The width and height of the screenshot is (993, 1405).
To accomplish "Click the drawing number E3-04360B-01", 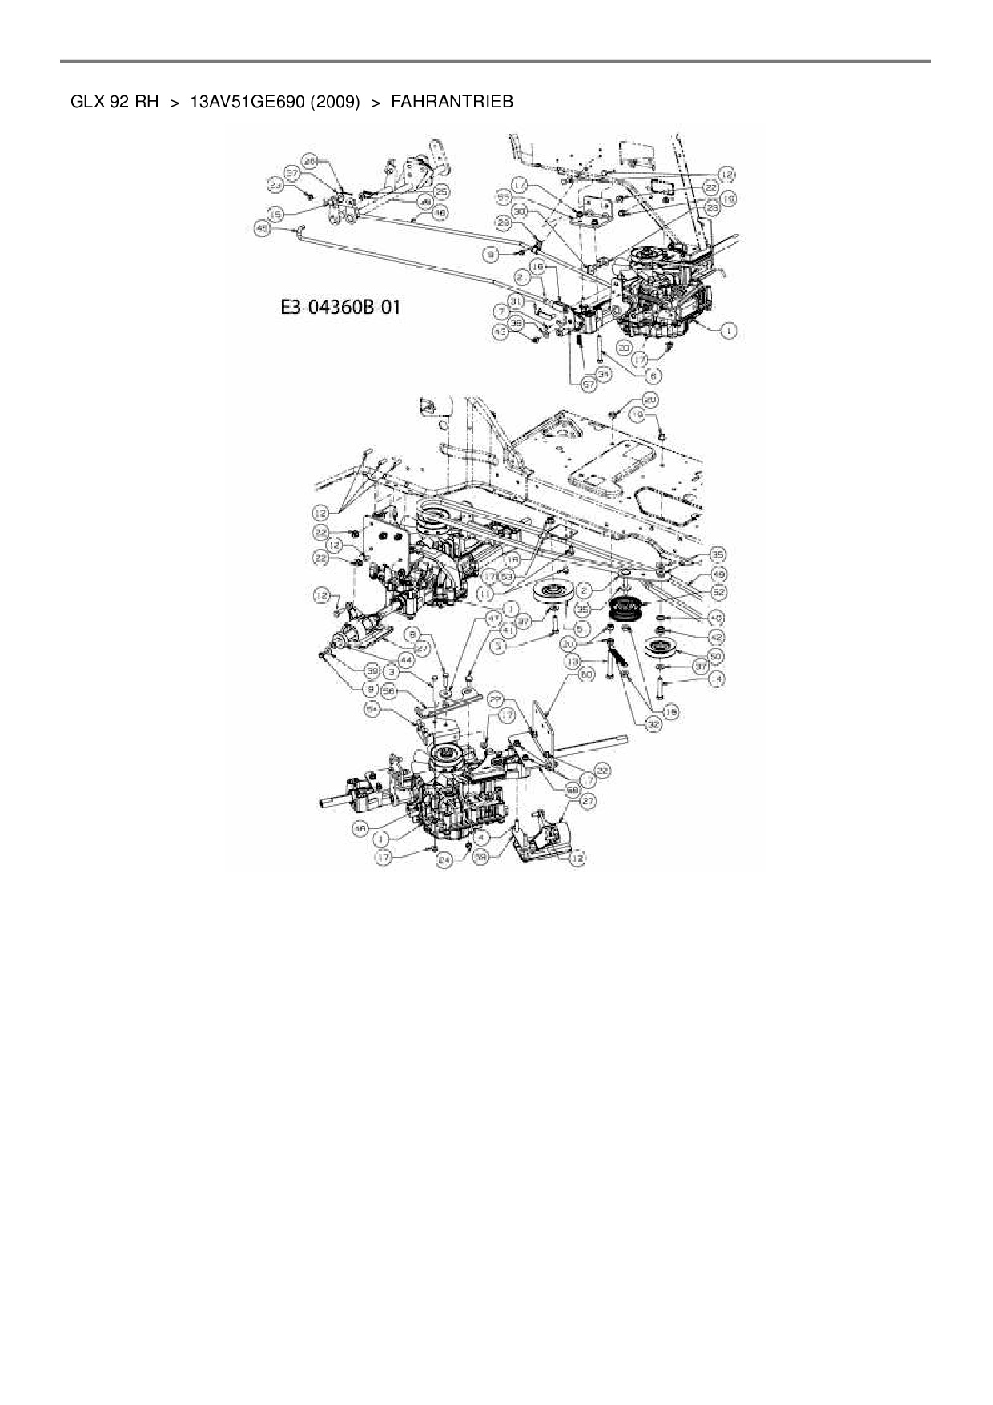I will [x=340, y=308].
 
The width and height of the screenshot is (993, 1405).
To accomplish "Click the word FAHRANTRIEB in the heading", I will [x=452, y=102].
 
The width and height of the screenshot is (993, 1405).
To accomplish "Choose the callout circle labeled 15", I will [x=275, y=214].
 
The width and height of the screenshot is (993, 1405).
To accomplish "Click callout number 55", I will [x=504, y=196].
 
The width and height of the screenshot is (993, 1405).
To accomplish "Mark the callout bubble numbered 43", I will [x=500, y=331].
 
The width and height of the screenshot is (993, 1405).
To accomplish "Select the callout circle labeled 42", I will [x=717, y=636].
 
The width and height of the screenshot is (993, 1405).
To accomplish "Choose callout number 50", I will [x=717, y=657].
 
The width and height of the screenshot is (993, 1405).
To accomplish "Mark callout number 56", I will [x=390, y=690].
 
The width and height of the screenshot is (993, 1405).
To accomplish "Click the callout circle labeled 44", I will [x=407, y=659].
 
